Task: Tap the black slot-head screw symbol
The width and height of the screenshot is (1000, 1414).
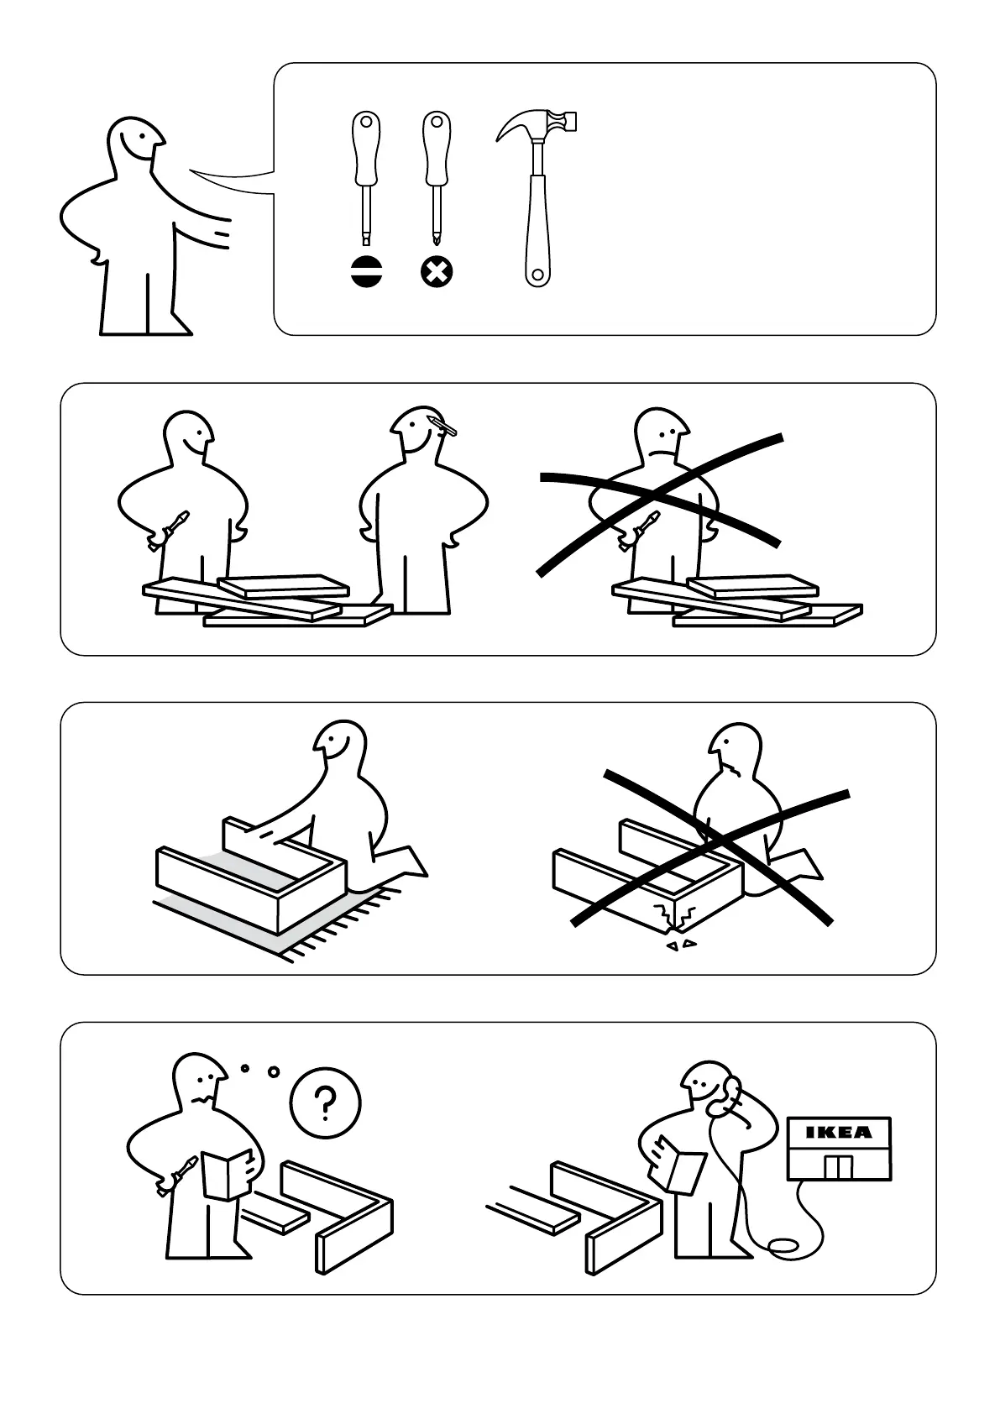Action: [367, 272]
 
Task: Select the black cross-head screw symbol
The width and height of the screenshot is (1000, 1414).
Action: [437, 272]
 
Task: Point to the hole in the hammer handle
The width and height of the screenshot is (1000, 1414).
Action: [537, 275]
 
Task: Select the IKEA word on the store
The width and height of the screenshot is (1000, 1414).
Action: [839, 1132]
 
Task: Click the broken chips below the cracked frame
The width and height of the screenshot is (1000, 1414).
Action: [682, 945]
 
